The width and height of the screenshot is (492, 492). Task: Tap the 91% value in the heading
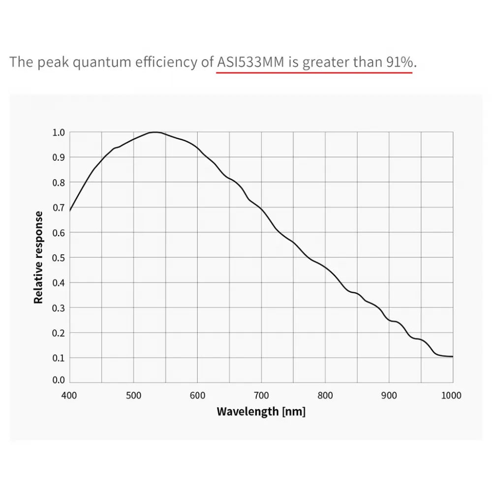tap(400, 62)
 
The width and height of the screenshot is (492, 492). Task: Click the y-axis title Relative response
tap(39, 257)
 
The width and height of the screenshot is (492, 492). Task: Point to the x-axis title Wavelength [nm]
tap(261, 411)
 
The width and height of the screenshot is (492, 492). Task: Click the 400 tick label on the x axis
tap(69, 395)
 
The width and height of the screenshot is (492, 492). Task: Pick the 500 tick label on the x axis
tap(133, 395)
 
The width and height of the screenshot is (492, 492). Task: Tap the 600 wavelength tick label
tap(197, 395)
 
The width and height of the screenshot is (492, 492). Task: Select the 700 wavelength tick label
tap(261, 395)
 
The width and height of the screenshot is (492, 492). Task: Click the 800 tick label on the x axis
tap(325, 395)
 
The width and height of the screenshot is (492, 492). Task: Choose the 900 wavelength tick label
tap(389, 395)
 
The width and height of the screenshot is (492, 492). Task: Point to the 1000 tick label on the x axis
tap(452, 395)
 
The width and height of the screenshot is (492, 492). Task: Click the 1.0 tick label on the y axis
tap(59, 132)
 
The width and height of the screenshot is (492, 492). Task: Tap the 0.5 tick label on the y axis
tap(59, 258)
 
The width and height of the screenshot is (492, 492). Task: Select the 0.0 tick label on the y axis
tap(59, 380)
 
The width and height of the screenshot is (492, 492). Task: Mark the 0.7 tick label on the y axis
tap(59, 208)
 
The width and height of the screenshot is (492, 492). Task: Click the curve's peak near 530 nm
tap(155, 132)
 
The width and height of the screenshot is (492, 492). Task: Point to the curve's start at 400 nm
tap(70, 211)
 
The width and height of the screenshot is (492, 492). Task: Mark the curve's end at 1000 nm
tap(453, 356)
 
